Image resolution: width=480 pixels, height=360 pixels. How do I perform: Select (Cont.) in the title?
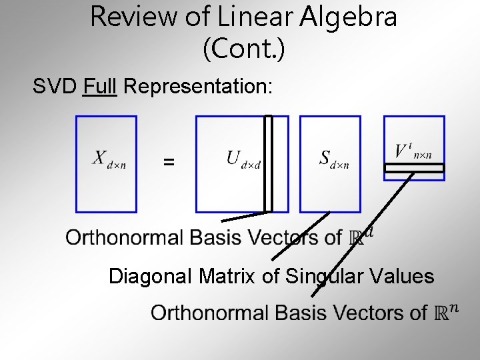243,50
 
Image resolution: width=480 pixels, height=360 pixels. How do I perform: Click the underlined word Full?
100,87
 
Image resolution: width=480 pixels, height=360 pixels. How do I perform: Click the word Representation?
198,87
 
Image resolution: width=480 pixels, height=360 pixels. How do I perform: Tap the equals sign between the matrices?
169,162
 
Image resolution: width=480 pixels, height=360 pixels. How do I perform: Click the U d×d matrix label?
243,159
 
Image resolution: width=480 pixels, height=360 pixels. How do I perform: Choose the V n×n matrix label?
413,150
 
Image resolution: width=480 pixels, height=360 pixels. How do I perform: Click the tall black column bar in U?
268,163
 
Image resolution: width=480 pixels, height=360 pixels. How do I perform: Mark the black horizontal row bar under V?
413,169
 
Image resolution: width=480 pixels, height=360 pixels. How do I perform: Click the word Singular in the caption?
325,276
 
